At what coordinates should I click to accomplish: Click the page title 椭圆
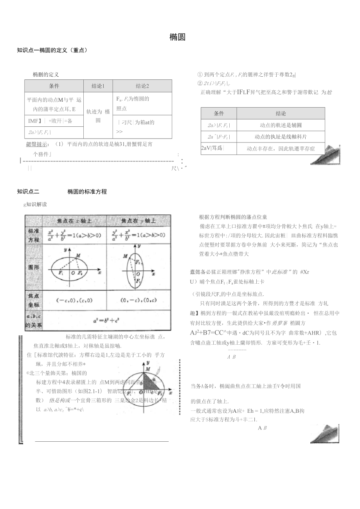pos(177,38)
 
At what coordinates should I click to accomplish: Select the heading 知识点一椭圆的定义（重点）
pos(52,50)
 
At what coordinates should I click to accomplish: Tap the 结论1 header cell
pos(98,86)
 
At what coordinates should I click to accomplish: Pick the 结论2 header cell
pos(142,86)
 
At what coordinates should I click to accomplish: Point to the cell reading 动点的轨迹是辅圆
pos(281,125)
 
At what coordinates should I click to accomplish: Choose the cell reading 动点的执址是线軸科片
pos(281,137)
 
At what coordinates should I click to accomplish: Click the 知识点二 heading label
pos(28,192)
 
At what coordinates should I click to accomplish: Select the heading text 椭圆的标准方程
pos(87,192)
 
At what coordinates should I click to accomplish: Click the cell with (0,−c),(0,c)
pos(138,300)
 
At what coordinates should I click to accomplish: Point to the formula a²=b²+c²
pos(106,320)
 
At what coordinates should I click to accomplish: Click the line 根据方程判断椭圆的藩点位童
pos(233,217)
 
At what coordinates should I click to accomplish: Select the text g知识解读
pos(36,204)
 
